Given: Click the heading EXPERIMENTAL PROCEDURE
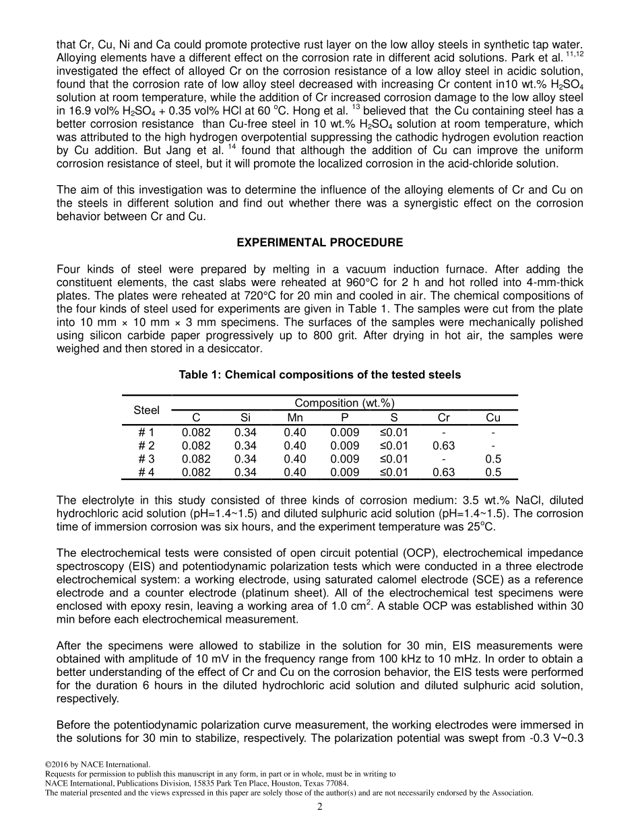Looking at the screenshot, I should click(320, 242).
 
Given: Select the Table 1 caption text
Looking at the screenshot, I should click(320, 374).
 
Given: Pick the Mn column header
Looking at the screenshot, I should click(294, 418).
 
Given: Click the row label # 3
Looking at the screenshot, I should click(146, 459).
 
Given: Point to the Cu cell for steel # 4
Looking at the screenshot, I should click(493, 473).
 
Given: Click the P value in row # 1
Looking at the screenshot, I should click(344, 432).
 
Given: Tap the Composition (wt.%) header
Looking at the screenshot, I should click(344, 403).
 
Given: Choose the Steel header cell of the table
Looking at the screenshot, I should click(146, 410).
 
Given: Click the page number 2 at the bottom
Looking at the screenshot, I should click(320, 807).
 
